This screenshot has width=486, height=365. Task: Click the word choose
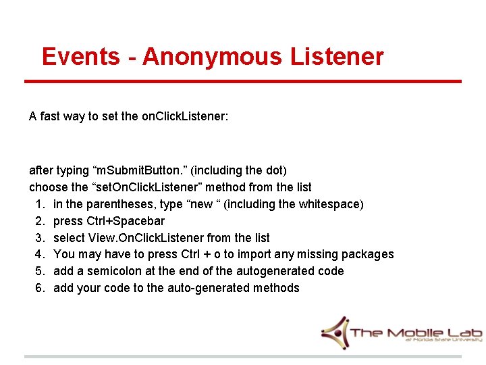[x=48, y=187]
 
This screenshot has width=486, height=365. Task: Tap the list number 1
[x=39, y=204]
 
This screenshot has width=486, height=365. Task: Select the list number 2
[x=39, y=221]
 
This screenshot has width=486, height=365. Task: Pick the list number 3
[x=39, y=238]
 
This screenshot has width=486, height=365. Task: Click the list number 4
[x=39, y=255]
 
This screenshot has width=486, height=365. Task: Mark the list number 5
[x=39, y=271]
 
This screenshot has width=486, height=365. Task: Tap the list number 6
[x=39, y=288]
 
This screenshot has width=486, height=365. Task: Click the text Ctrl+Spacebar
[x=126, y=221]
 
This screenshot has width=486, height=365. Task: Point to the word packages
[x=368, y=255]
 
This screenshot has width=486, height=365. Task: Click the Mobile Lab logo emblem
[x=335, y=332]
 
